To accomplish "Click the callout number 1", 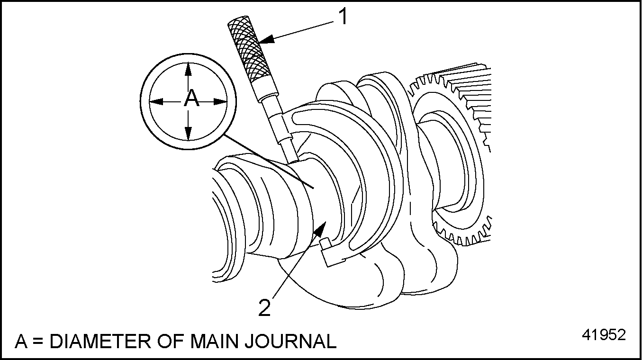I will coord(343,17).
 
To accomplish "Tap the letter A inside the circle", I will coord(190,99).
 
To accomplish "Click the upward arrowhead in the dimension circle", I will coord(189,69).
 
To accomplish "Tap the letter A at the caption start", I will coord(21,341).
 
